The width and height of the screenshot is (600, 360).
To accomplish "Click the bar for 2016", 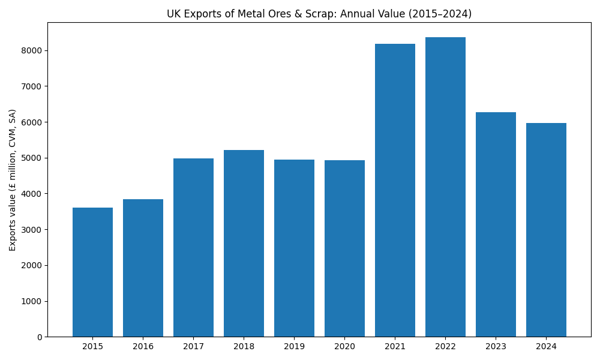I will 143,268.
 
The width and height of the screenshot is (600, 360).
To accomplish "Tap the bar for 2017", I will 193,247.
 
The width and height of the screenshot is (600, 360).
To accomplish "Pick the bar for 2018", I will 244,243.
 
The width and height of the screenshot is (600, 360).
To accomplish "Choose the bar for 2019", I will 294,248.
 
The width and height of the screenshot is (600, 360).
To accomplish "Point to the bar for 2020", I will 344,248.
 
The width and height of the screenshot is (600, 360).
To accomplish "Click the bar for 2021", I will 395,190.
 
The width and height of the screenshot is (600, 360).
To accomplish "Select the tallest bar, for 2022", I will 445,187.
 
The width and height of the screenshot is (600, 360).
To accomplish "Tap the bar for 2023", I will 496,224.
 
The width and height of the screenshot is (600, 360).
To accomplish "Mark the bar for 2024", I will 546,230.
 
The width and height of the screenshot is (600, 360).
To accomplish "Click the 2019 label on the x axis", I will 294,346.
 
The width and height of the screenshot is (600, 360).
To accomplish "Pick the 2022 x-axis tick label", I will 445,346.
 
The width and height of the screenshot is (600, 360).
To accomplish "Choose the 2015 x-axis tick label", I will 92,346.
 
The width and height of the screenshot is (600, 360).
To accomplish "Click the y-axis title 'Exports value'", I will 13,180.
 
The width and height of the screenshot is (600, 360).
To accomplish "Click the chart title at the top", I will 319,14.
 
